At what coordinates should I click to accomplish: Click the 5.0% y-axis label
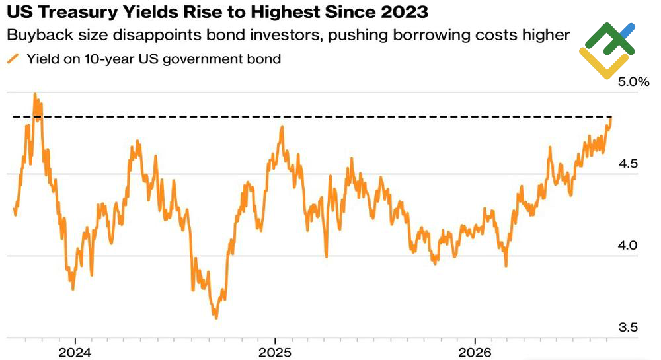point(634,82)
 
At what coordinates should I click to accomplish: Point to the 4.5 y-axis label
point(628,164)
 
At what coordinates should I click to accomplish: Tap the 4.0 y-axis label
point(628,245)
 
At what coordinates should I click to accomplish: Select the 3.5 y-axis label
point(628,327)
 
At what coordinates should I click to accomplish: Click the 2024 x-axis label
point(75,353)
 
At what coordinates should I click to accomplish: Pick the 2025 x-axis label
point(275,353)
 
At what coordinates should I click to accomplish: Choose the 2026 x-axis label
point(475,353)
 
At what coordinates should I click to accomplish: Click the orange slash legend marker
point(13,59)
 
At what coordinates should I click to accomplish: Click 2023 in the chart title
point(404,13)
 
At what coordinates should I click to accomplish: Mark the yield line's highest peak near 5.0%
point(35,94)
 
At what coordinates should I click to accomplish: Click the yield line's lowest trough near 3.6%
point(216,318)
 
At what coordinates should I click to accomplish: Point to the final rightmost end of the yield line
point(611,118)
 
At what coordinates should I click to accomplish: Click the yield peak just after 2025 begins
point(282,127)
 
